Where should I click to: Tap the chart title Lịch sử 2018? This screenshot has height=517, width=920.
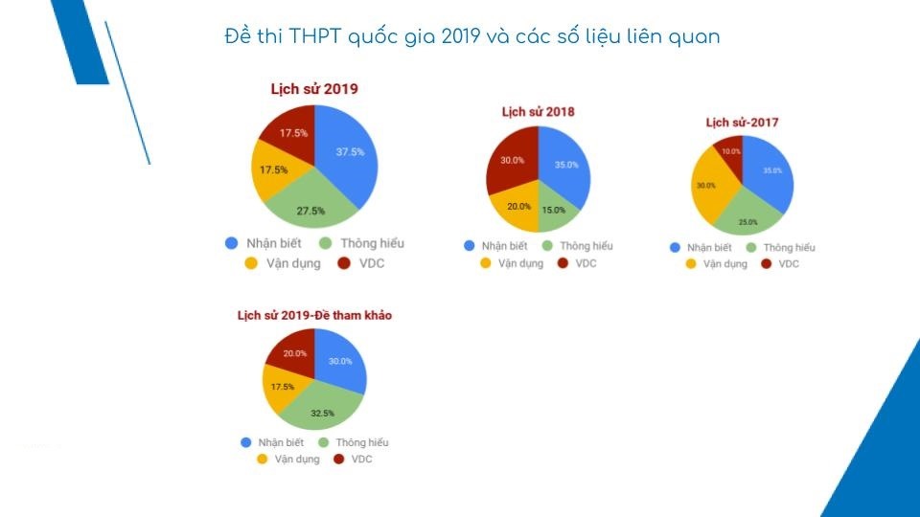pyautogui.click(x=538, y=112)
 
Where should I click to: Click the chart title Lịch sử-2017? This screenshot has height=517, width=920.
pyautogui.click(x=741, y=123)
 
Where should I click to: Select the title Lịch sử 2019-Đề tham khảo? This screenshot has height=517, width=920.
pyautogui.click(x=314, y=315)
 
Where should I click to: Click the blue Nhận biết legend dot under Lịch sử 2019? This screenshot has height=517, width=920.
pyautogui.click(x=232, y=243)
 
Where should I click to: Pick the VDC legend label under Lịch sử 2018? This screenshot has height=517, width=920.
pyautogui.click(x=585, y=263)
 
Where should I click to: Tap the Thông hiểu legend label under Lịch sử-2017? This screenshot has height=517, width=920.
pyautogui.click(x=789, y=247)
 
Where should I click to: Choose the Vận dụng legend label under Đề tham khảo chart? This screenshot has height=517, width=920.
pyautogui.click(x=296, y=460)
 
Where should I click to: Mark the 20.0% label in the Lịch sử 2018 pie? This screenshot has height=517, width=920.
pyautogui.click(x=517, y=206)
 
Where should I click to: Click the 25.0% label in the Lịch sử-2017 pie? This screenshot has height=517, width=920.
pyautogui.click(x=747, y=222)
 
